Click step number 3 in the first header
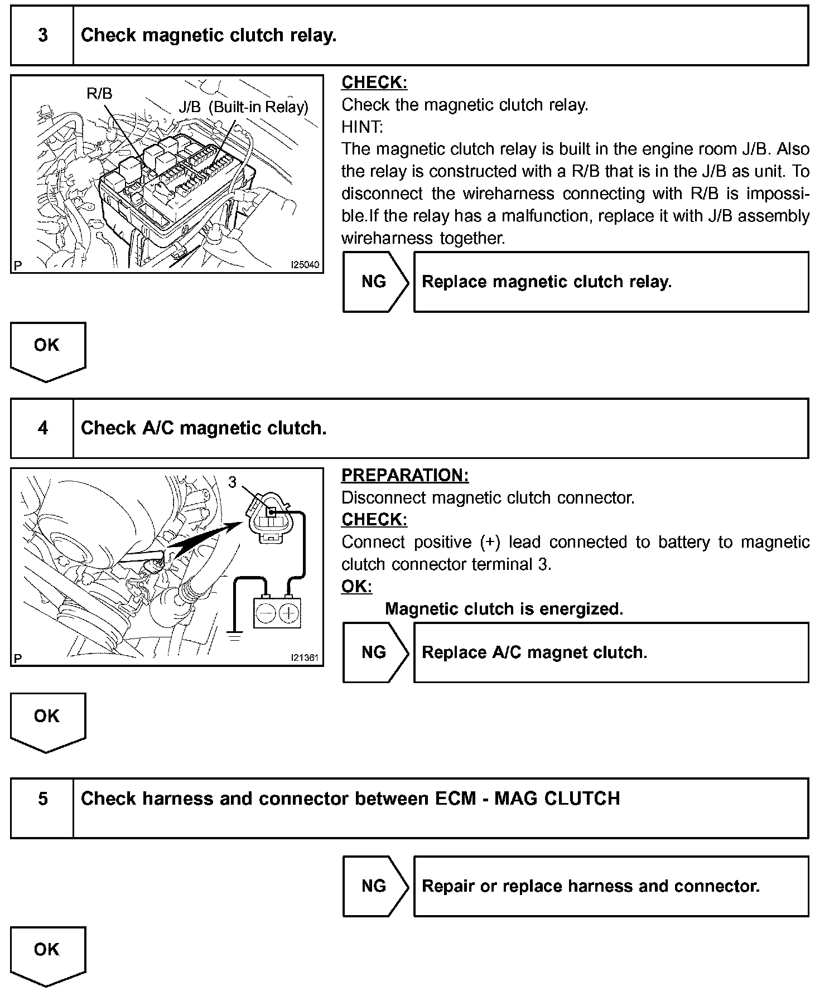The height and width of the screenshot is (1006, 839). click(43, 36)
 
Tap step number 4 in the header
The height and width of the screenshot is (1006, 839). click(43, 428)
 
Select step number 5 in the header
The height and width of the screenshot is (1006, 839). click(43, 799)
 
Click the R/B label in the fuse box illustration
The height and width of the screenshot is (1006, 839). click(99, 93)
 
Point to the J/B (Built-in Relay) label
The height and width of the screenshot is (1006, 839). click(243, 107)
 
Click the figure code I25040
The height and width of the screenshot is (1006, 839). click(305, 265)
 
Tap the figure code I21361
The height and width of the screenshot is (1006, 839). click(305, 658)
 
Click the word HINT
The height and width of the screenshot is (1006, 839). click(362, 127)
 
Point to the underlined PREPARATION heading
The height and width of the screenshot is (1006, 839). click(405, 475)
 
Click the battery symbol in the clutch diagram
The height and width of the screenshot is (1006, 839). click(277, 613)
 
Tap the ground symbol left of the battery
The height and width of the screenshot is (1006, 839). click(235, 634)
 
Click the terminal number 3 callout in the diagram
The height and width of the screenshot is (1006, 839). click(233, 482)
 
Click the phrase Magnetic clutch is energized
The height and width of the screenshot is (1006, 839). click(504, 609)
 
